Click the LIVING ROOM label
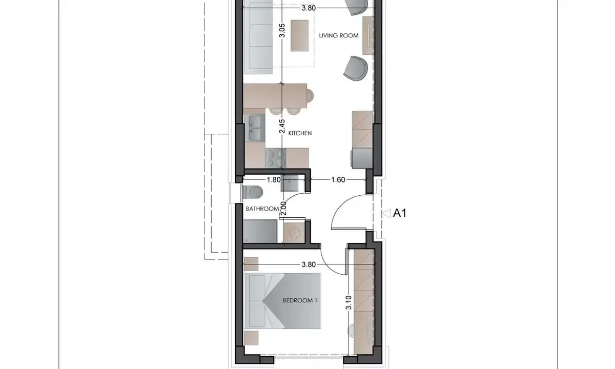click(339, 36)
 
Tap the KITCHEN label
click(300, 133)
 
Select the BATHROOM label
click(262, 209)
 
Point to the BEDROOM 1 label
click(300, 300)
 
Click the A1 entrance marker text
click(399, 213)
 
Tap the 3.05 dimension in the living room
click(282, 30)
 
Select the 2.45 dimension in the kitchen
click(282, 126)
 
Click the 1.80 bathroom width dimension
click(274, 179)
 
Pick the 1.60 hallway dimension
click(338, 179)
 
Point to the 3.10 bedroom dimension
click(348, 302)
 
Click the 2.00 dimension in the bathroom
click(283, 209)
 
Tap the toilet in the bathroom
click(253, 192)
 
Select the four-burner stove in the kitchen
click(276, 158)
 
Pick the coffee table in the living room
click(299, 35)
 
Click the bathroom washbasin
click(289, 183)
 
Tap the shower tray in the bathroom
click(260, 231)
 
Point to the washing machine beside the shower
click(295, 233)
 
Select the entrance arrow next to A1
click(386, 213)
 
